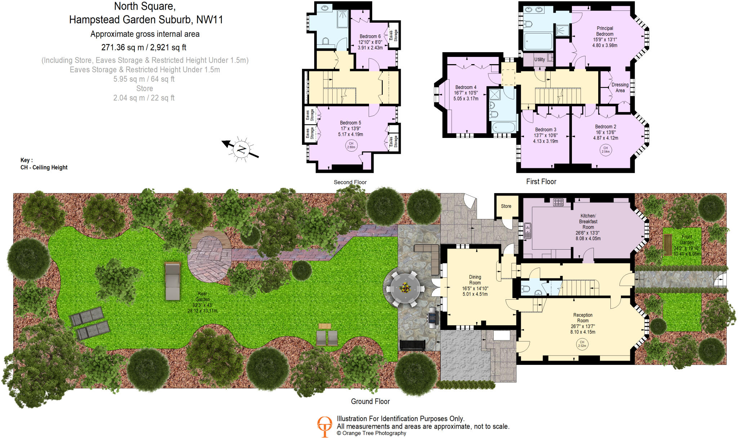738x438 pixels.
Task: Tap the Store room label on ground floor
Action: (506, 206)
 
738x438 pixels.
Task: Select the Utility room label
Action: (539, 59)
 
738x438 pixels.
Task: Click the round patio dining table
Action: (405, 288)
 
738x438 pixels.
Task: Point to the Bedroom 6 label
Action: (370, 36)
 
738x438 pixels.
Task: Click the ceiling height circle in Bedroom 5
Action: (351, 145)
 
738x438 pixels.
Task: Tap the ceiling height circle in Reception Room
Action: (582, 344)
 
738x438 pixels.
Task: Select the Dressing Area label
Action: (620, 88)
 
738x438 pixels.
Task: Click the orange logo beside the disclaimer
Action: (324, 426)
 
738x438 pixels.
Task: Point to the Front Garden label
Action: (686, 240)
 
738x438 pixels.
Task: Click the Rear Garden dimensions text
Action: (202, 308)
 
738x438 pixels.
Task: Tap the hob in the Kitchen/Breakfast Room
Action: (558, 202)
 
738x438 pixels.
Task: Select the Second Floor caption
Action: (350, 182)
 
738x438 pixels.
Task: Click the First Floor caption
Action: (541, 182)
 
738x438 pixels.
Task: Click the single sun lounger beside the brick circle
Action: (173, 281)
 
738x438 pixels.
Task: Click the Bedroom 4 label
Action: (466, 87)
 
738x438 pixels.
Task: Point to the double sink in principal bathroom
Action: (534, 9)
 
